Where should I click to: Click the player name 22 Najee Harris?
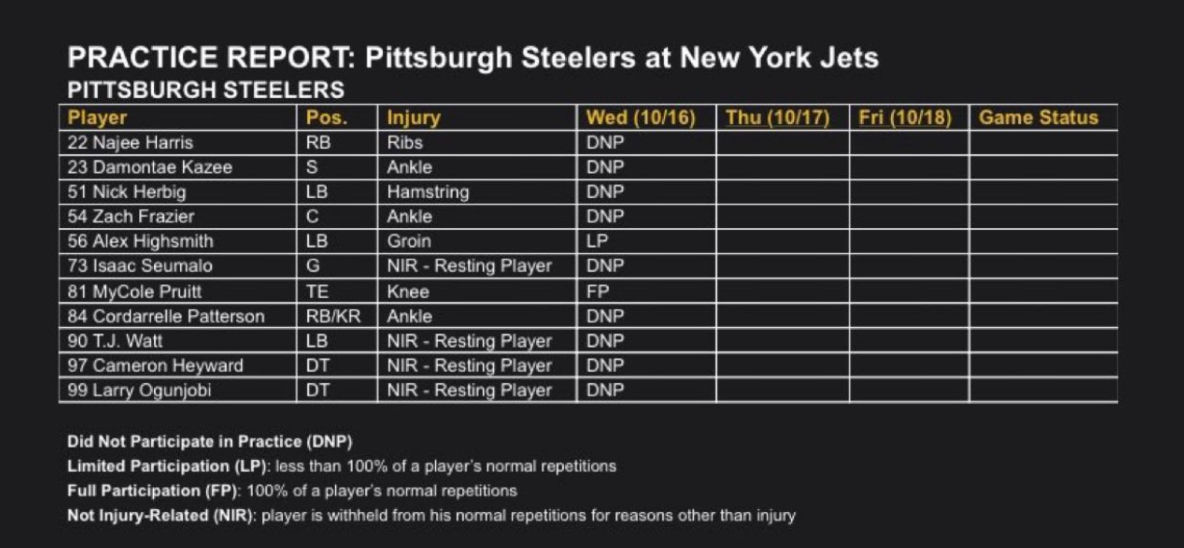click(x=130, y=143)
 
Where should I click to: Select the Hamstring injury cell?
click(x=428, y=192)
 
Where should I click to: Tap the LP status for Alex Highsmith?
click(x=597, y=241)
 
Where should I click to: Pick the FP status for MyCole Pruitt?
click(x=597, y=291)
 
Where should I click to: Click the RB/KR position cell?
click(x=333, y=316)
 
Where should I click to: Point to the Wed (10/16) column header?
click(x=641, y=118)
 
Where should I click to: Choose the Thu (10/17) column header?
click(x=778, y=118)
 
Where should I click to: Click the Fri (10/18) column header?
click(x=905, y=118)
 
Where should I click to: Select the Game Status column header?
click(x=1038, y=118)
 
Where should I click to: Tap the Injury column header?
click(x=414, y=118)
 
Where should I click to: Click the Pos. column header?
click(x=327, y=118)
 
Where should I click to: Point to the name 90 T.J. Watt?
click(x=115, y=341)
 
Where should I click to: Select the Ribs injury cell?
click(x=404, y=143)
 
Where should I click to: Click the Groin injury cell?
click(x=409, y=241)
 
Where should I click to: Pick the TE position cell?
click(x=317, y=291)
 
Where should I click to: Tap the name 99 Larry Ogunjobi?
click(x=139, y=390)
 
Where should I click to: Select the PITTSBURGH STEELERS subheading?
click(x=205, y=90)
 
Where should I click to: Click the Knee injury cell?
click(x=408, y=291)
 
